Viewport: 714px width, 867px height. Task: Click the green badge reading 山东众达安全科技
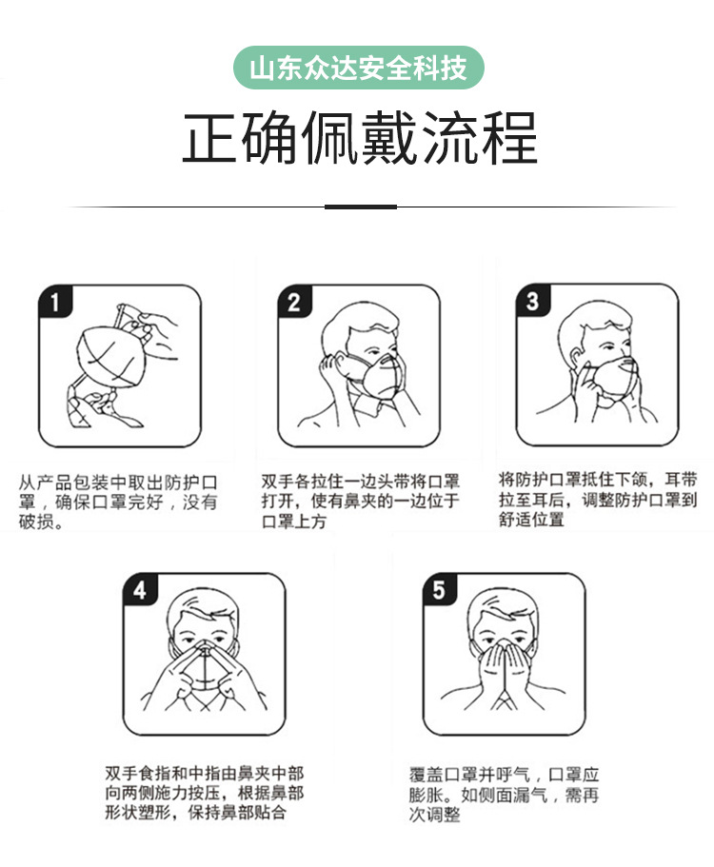358,69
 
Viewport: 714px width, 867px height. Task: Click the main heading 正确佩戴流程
359,139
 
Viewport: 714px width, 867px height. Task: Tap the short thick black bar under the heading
360,207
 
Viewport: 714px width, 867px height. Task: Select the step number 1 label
55,303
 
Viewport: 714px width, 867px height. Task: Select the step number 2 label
294,303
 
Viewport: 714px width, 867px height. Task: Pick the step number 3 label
532,302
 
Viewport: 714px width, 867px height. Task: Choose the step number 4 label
140,590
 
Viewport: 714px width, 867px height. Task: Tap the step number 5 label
438,590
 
